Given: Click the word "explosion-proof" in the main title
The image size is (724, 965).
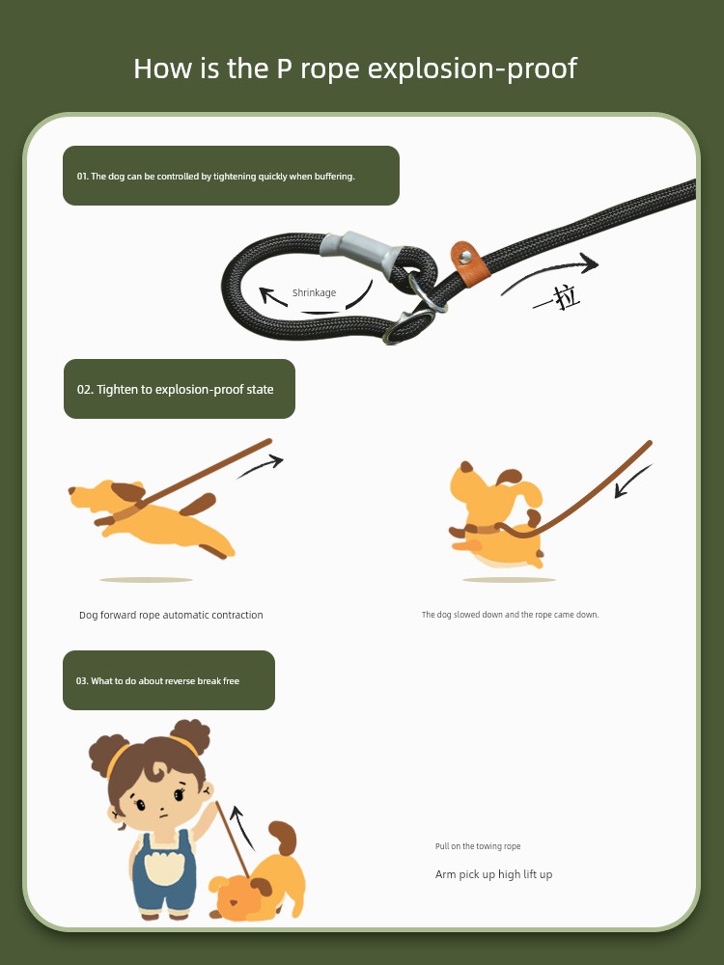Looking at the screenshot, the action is [x=472, y=69].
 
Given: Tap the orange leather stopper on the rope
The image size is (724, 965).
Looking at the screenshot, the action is [x=470, y=263].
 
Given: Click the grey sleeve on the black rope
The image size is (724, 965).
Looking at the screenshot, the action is [x=361, y=251].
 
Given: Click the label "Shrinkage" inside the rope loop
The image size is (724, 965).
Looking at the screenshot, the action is [x=314, y=293].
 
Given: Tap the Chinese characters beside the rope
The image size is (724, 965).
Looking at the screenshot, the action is [x=557, y=297].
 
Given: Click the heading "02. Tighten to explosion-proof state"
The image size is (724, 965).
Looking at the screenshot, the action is [x=175, y=390].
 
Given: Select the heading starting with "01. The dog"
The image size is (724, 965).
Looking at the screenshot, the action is [x=215, y=177].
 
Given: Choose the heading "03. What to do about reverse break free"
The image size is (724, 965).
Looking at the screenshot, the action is [x=157, y=681].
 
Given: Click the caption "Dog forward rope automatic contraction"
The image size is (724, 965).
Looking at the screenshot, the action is [x=171, y=615].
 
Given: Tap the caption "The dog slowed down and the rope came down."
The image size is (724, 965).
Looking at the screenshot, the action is [x=511, y=614].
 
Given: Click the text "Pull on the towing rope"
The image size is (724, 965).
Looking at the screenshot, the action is [x=478, y=846].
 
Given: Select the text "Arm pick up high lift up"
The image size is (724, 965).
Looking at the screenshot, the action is [x=493, y=874].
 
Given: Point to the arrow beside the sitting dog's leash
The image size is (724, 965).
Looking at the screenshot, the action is [x=632, y=482].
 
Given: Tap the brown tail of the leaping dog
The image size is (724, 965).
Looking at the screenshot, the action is [x=198, y=504].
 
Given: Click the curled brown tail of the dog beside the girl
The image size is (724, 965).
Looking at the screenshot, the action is [x=284, y=838].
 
